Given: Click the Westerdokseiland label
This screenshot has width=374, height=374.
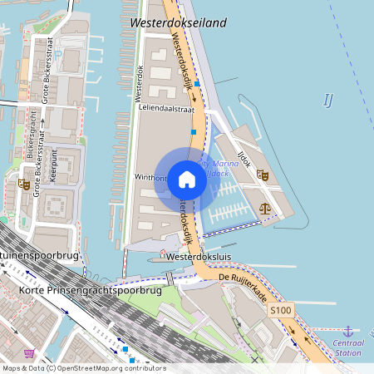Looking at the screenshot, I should coord(178,23).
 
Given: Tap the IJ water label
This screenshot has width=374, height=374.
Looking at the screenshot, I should coord(327,101).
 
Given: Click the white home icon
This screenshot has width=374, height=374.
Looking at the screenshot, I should coord(187,180).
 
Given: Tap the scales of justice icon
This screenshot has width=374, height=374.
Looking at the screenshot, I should coord(265,209).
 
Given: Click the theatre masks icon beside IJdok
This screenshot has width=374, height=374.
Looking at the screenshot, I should coord(263,175).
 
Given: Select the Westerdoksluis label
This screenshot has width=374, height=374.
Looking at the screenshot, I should coord(197,258).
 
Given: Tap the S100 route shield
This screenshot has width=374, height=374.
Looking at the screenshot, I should coord(281,310).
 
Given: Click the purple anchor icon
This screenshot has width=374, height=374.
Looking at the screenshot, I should coord(348,331).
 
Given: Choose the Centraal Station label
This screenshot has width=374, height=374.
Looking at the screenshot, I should coord(348,347).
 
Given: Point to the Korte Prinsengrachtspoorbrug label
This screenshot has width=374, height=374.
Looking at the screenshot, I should coord(78,291).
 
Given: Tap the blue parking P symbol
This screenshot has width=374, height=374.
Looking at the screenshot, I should coord(130,362).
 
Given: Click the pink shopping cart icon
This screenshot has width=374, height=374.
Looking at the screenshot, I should coord(30,353).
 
